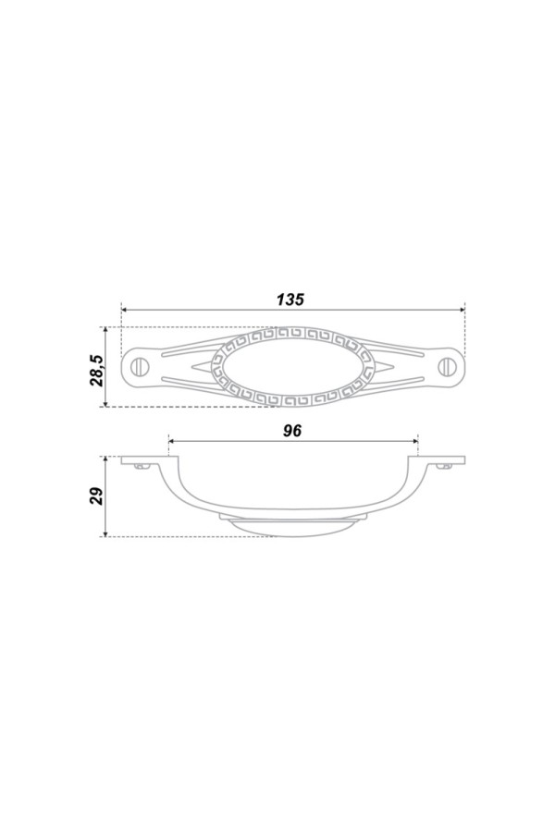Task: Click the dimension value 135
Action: (x=290, y=300)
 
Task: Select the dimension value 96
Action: (x=292, y=431)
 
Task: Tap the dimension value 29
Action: (x=97, y=496)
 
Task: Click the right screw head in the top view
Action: (x=445, y=366)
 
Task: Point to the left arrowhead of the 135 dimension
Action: (x=125, y=309)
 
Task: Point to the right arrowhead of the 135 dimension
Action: (x=462, y=309)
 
